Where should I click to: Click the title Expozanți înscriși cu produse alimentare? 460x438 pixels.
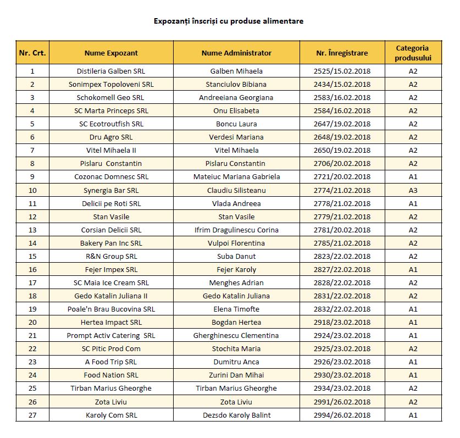point(229,21)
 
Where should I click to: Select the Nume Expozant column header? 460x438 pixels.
point(111,53)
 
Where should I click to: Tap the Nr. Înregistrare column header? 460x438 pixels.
point(342,53)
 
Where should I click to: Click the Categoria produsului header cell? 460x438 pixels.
point(413,53)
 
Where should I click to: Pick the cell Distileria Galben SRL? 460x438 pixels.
point(111,71)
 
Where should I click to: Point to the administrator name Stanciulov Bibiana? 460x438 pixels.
point(236,84)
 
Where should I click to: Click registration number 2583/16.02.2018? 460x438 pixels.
point(342,97)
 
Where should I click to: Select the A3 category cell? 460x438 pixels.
point(413,190)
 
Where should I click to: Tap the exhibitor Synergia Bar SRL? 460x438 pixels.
point(111,190)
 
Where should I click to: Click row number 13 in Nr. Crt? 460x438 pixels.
point(32,230)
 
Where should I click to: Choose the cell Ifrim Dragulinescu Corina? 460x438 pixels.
point(236,230)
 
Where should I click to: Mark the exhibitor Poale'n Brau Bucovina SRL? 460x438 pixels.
point(111,309)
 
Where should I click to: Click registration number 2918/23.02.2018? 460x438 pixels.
point(342,322)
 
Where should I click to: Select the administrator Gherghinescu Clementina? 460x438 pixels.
point(236,335)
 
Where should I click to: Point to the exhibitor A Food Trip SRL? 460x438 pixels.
point(111,362)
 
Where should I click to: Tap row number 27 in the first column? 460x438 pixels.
point(32,415)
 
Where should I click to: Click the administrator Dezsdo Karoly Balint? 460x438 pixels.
point(236,415)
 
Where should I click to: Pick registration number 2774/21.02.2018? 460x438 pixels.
point(342,190)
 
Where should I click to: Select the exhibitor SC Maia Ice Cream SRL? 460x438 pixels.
point(111,282)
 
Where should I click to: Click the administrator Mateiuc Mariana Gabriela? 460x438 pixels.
point(236,177)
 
